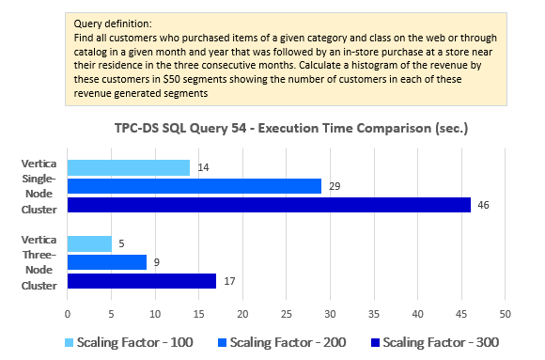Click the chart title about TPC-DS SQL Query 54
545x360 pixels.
298,127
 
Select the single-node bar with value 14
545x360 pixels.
129,167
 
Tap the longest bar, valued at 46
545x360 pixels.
269,205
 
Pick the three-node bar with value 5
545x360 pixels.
89,243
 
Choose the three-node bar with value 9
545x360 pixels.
107,262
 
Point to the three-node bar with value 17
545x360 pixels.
142,281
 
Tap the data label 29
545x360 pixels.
334,186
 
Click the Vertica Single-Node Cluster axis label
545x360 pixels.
38,186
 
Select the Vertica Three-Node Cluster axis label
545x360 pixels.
38,262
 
